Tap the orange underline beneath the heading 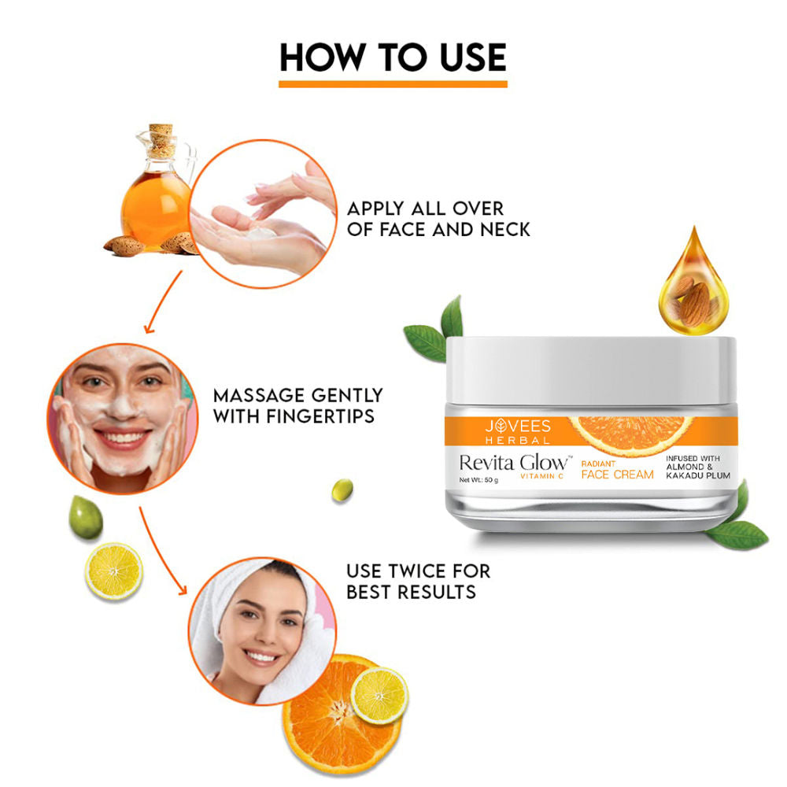[x=393, y=83]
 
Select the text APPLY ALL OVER [x=425, y=209]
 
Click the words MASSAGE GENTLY [x=297, y=394]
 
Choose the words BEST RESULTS [x=411, y=590]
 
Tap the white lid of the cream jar [x=590, y=368]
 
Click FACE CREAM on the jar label [x=617, y=475]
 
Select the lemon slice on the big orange [x=379, y=695]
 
